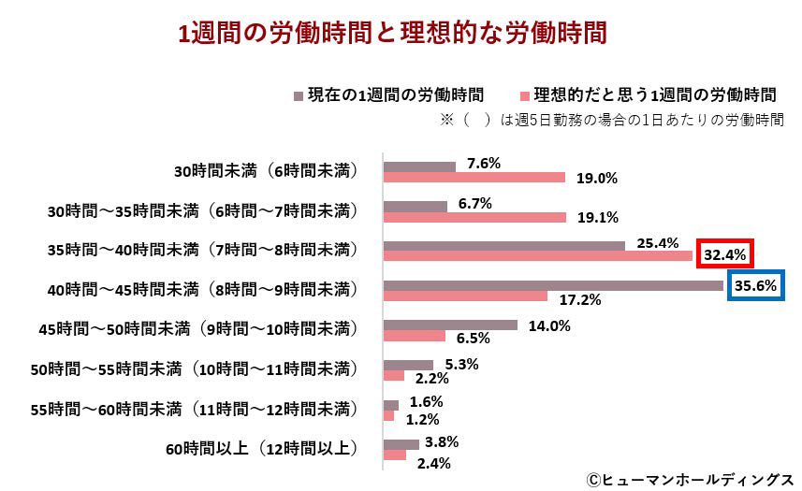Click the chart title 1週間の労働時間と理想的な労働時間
(393, 33)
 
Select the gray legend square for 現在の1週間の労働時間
(299, 95)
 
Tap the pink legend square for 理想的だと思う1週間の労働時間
(524, 95)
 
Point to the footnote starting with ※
(610, 121)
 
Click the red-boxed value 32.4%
(723, 253)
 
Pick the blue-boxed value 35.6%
(756, 286)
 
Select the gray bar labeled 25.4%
(504, 246)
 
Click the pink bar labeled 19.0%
(474, 178)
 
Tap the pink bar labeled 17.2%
(465, 296)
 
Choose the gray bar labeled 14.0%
(450, 325)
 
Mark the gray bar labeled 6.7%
(416, 206)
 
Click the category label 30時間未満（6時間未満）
(266, 172)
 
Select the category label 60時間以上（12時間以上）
(262, 448)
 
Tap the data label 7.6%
(483, 163)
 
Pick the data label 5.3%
(462, 364)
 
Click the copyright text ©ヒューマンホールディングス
(691, 478)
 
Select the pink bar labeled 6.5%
(415, 336)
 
